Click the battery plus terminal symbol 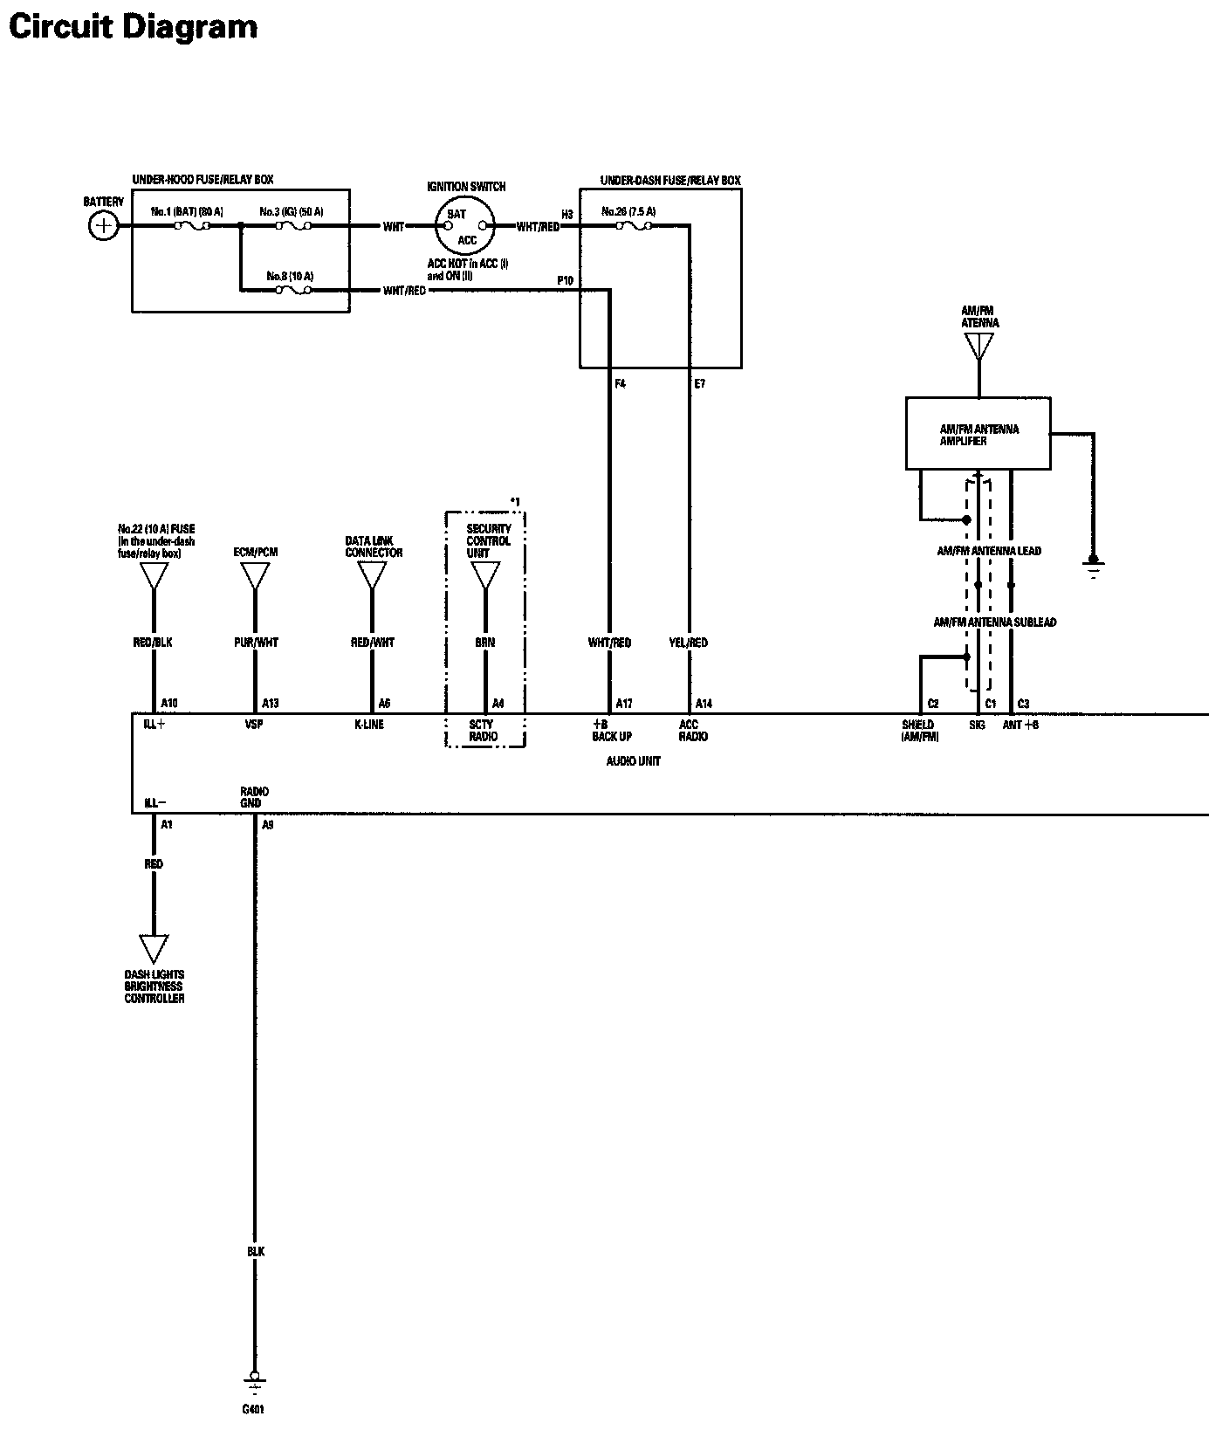(x=103, y=226)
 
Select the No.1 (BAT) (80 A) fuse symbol (x=192, y=226)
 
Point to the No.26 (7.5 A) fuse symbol (x=633, y=226)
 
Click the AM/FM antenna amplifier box (x=978, y=435)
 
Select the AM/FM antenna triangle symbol (x=979, y=345)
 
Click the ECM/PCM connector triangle (x=255, y=575)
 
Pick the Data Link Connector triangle (x=372, y=575)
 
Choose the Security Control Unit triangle (x=485, y=575)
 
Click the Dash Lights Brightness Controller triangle (x=154, y=947)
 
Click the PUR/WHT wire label (x=255, y=643)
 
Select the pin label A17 (x=624, y=703)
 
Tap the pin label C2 (x=933, y=703)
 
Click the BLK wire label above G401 (x=255, y=1252)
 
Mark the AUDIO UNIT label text (x=634, y=761)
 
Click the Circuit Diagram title (x=133, y=27)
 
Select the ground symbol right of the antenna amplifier (x=1093, y=567)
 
